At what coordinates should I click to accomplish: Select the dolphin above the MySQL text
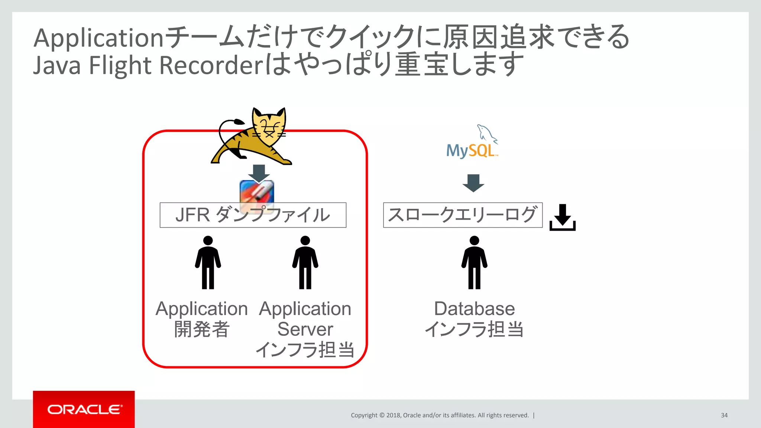pyautogui.click(x=487, y=133)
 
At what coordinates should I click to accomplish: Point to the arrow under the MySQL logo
pyautogui.click(x=473, y=183)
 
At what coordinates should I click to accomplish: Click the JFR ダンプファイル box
pyautogui.click(x=253, y=215)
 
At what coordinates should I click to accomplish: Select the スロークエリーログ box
pyautogui.click(x=463, y=215)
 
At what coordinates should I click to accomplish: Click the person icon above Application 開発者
pyautogui.click(x=208, y=262)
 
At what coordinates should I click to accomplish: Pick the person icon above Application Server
pyautogui.click(x=305, y=262)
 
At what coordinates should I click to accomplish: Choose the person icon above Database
pyautogui.click(x=474, y=262)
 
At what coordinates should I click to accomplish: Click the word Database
pyautogui.click(x=474, y=309)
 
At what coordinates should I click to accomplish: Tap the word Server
pyautogui.click(x=305, y=329)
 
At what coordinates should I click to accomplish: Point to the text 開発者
pyautogui.click(x=202, y=329)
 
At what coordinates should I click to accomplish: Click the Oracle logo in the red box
pyautogui.click(x=84, y=409)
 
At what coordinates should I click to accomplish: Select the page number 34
pyautogui.click(x=724, y=415)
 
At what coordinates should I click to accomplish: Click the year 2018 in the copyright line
pyautogui.click(x=393, y=415)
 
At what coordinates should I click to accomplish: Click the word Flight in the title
pyautogui.click(x=120, y=65)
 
